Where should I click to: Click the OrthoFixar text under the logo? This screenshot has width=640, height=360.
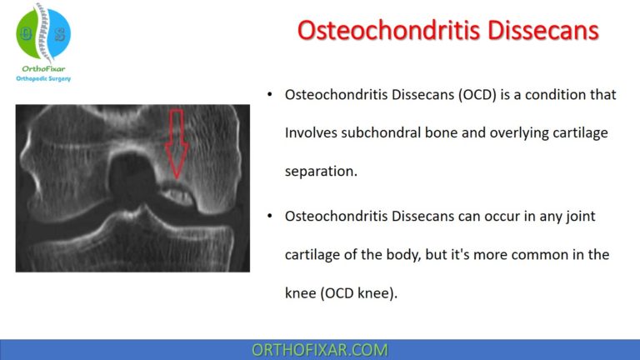(x=45, y=70)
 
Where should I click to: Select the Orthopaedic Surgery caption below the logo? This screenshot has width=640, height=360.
(x=45, y=80)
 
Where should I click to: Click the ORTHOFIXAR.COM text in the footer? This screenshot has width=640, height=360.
(x=320, y=349)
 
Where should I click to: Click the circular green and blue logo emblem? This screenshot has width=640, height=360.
(x=44, y=32)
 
